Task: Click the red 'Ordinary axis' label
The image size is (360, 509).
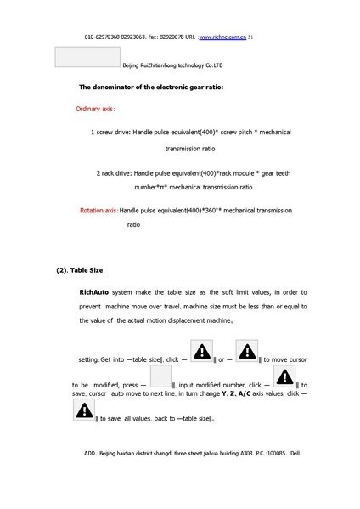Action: [95, 109]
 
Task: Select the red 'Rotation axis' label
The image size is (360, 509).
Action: [98, 208]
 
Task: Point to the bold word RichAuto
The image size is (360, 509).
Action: [94, 291]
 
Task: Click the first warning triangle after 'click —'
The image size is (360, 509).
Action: [202, 352]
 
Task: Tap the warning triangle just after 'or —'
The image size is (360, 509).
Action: [247, 352]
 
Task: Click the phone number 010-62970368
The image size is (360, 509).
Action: [103, 38]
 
